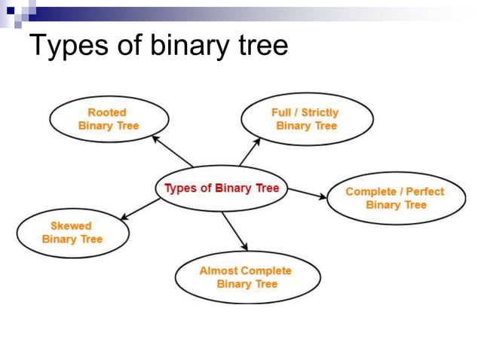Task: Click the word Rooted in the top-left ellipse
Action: click(108, 112)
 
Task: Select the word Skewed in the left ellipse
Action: click(71, 225)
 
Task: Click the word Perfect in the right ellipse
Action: click(425, 191)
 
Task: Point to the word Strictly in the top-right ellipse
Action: click(320, 112)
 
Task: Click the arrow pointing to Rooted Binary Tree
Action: click(172, 151)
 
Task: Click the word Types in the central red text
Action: click(181, 188)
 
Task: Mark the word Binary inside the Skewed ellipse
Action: click(59, 239)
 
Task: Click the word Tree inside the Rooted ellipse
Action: click(127, 126)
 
